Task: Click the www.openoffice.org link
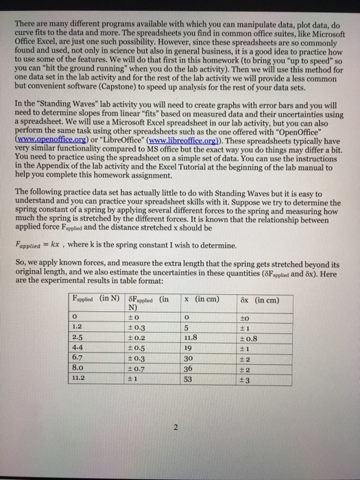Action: pos(49,138)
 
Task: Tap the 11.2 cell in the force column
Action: pos(80,376)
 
